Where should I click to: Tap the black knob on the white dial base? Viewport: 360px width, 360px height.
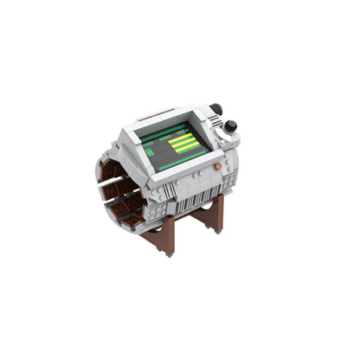pyautogui.click(x=230, y=126)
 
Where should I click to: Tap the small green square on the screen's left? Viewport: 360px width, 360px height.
pyautogui.click(x=149, y=152)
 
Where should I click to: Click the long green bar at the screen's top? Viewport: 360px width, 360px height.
pyautogui.click(x=164, y=133)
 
